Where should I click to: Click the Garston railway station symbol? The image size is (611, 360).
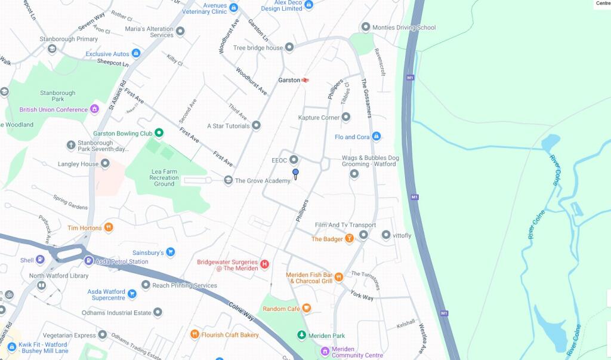tap(305, 80)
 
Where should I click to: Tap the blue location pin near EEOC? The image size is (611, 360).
tap(295, 173)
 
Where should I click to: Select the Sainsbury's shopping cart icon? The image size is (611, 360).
tap(171, 253)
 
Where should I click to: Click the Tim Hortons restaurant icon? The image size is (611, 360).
tap(108, 227)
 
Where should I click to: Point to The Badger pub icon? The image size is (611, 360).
tap(349, 239)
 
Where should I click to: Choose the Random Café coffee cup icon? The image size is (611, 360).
tap(306, 309)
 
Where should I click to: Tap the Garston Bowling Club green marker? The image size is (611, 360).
tap(159, 133)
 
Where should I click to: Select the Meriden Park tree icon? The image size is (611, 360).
tap(302, 336)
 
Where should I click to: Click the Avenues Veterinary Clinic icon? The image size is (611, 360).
tap(234, 8)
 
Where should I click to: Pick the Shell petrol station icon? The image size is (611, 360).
tap(40, 260)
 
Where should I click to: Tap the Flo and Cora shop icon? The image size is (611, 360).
tap(376, 137)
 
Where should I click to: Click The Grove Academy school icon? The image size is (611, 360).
tap(228, 180)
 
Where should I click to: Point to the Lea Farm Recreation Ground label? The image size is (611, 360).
tap(163, 178)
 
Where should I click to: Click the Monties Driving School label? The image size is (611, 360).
tap(404, 27)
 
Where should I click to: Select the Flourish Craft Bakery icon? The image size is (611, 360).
tap(194, 334)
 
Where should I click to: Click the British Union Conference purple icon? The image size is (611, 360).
tap(94, 109)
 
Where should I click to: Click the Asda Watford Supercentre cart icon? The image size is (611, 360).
tap(132, 294)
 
